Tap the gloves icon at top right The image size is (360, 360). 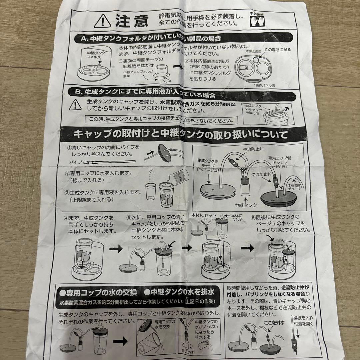pyautogui.click(x=256, y=20)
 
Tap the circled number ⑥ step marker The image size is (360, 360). pyautogui.click(x=254, y=217)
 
